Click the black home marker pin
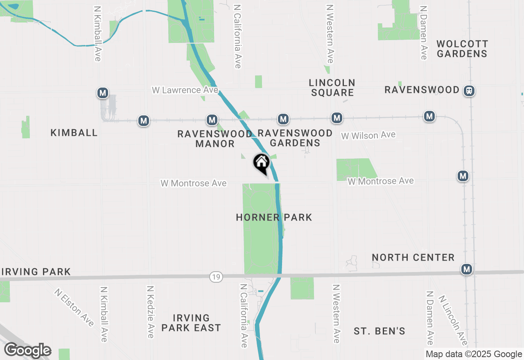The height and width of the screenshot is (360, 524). point(261,163)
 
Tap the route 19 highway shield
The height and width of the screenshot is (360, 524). point(216,277)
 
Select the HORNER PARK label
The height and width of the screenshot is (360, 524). point(274,217)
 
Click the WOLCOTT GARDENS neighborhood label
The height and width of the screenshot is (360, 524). point(462,49)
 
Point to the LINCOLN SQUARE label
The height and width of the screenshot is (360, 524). point(332,88)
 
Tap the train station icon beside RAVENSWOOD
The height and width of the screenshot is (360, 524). point(469,90)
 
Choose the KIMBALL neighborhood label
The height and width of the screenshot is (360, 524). point(74,133)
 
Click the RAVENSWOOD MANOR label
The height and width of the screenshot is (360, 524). point(215,139)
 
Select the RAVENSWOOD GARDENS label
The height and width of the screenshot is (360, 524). point(295,138)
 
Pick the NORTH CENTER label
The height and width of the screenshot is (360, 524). point(413,257)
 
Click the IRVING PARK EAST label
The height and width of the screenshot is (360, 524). point(191,323)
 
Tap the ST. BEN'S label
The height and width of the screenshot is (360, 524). point(379,331)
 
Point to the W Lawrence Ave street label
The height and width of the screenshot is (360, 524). point(185,90)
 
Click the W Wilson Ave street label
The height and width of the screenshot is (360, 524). point(368,135)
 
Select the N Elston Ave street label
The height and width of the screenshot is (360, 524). point(74,308)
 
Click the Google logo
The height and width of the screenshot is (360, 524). point(28,351)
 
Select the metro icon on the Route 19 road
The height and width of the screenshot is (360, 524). point(466,269)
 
